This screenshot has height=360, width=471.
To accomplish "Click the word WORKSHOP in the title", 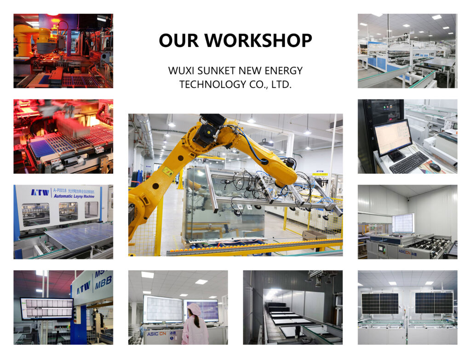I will click(x=258, y=40).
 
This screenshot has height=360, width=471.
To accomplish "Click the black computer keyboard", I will click(x=408, y=162).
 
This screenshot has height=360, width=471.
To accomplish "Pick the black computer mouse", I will click(x=435, y=167).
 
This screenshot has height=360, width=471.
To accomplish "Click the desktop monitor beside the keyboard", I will click(x=392, y=138).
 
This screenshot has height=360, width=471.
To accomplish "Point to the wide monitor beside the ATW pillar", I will click(x=46, y=309).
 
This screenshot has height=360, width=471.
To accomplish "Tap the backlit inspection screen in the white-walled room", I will click(x=403, y=223).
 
